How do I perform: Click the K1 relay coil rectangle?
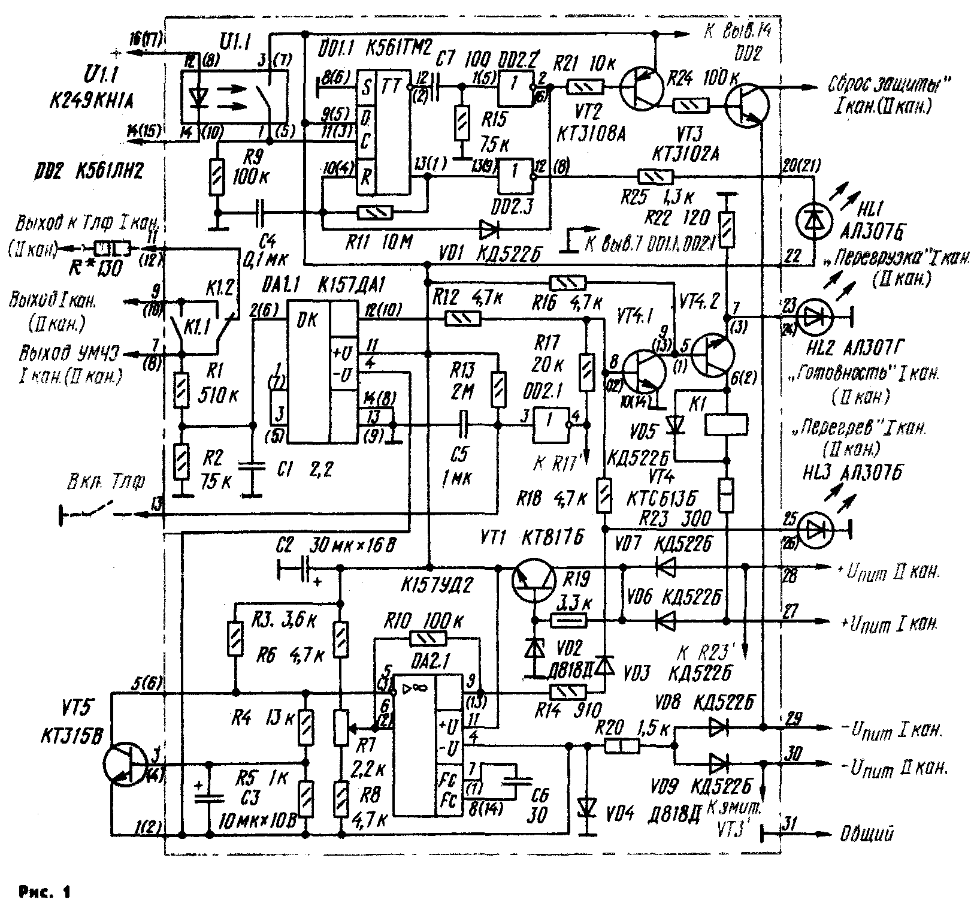(727, 424)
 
